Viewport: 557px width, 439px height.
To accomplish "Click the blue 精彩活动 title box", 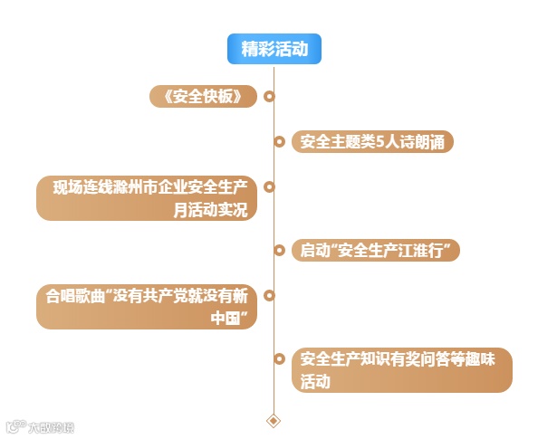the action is (x=274, y=49).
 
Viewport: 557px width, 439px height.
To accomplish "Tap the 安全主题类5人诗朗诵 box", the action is (x=371, y=142).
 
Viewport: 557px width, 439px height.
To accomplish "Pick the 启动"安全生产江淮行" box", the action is (x=375, y=250).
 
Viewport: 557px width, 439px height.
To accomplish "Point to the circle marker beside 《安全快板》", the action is (x=269, y=96).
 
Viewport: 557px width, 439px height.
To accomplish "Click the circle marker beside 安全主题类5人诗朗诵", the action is (x=280, y=142).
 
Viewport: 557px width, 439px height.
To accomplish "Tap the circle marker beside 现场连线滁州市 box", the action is (x=269, y=187).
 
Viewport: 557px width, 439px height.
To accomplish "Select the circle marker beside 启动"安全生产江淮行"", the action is (x=280, y=250).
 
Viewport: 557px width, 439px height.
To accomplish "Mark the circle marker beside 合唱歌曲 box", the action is (x=269, y=295).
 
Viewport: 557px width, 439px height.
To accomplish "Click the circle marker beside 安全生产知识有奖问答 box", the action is (x=280, y=358).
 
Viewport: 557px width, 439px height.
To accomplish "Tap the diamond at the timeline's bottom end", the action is (x=274, y=420).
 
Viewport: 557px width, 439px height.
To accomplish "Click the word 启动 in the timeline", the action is (x=312, y=250).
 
